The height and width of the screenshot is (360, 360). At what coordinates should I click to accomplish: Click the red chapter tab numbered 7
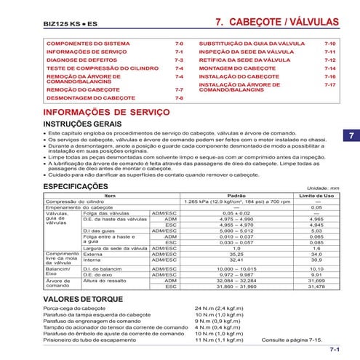pos(349,136)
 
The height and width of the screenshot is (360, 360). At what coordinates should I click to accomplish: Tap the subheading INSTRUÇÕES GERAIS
pos(84,125)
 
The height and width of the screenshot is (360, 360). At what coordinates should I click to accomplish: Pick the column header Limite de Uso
pos(316,196)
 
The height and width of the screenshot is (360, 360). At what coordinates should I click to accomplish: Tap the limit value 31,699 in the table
pos(316,280)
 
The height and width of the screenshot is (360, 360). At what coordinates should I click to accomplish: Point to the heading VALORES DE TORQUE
pos(80,299)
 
